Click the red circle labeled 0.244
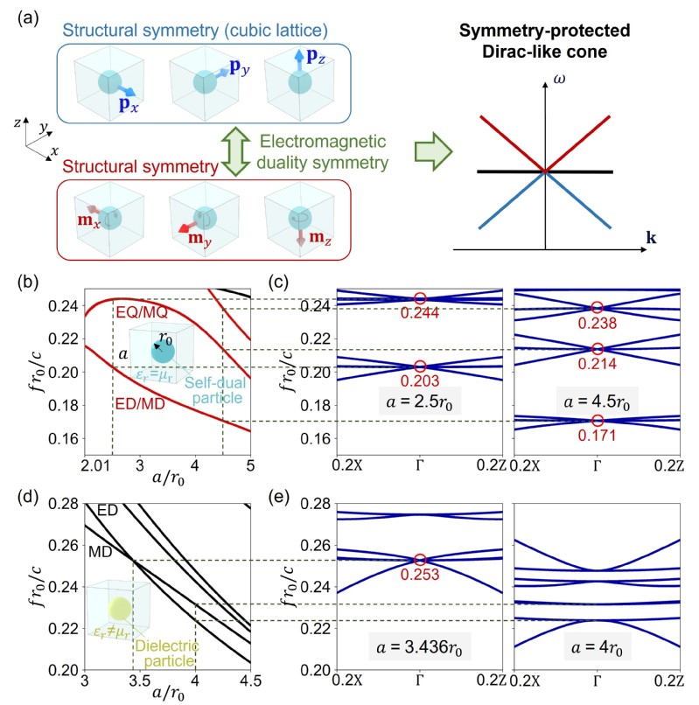click(420, 299)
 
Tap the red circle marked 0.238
click(598, 307)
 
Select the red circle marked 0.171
click(598, 421)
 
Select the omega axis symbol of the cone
click(557, 85)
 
